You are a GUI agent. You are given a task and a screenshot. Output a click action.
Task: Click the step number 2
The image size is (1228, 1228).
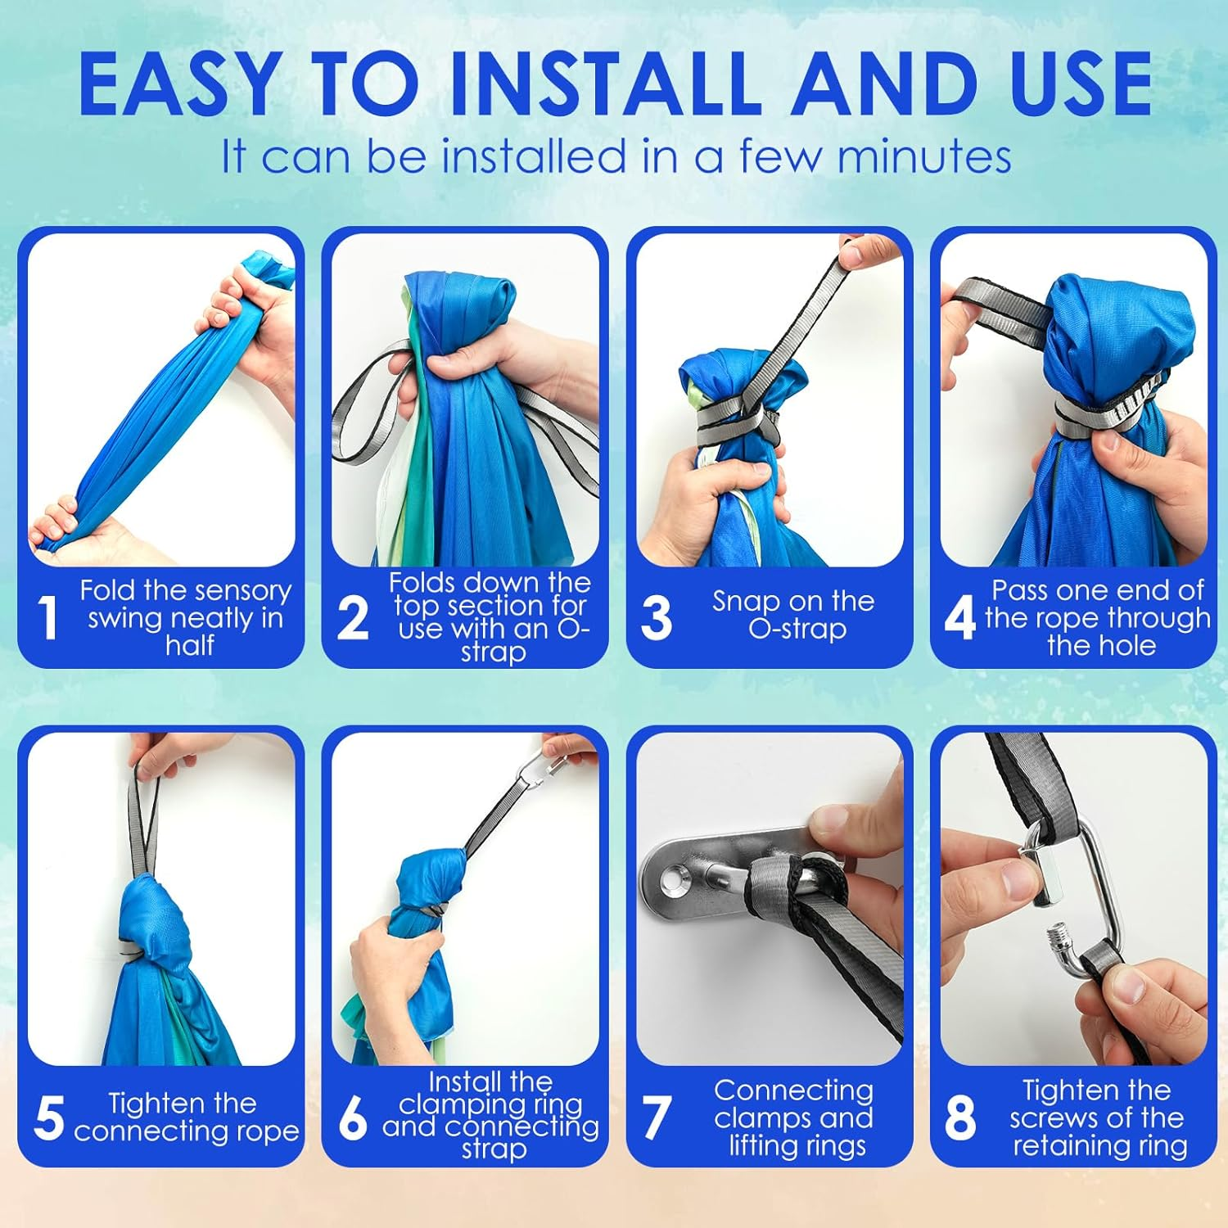(353, 617)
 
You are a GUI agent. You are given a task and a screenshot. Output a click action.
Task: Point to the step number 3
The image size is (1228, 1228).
(657, 617)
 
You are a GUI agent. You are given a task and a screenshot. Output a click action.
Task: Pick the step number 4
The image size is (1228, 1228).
(960, 617)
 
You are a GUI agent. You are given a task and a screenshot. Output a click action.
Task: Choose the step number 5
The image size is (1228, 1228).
(49, 1117)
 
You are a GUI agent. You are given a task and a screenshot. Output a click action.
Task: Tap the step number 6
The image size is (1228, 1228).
(353, 1117)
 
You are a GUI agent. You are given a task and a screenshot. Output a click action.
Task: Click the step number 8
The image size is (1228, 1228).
(960, 1117)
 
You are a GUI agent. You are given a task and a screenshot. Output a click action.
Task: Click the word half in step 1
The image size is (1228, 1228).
(189, 645)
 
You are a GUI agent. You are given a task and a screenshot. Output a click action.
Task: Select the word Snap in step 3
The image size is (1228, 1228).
(745, 603)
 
